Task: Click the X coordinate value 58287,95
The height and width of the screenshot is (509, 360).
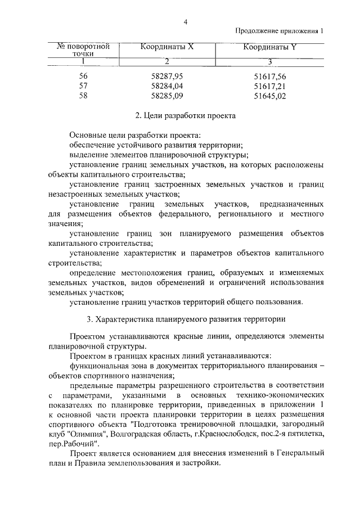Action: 168,76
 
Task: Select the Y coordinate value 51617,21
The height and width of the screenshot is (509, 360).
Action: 271,86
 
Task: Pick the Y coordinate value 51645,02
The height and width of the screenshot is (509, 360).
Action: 271,96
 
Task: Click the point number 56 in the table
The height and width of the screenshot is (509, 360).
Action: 84,76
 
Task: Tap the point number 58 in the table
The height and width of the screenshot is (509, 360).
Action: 84,96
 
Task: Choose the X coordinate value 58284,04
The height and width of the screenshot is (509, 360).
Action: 168,86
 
